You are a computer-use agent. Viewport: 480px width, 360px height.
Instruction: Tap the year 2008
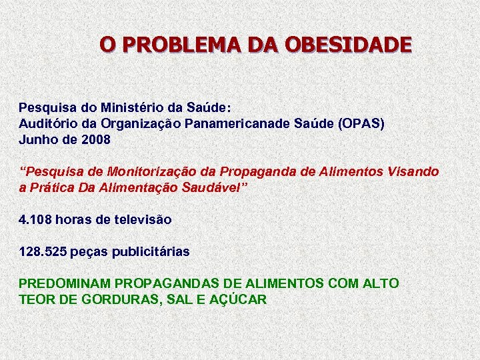coord(95,141)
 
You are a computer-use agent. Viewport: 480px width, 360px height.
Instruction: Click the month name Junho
coord(38,141)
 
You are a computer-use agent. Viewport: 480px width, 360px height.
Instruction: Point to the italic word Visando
coord(415,172)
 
